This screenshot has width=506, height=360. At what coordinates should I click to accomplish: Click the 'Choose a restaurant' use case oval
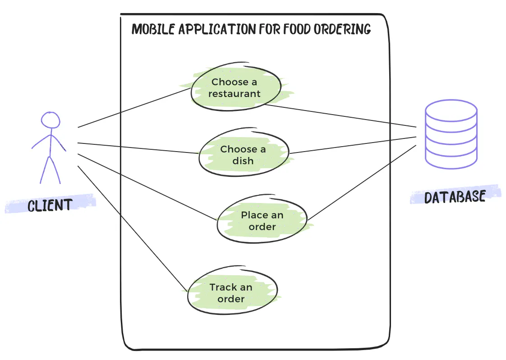235,88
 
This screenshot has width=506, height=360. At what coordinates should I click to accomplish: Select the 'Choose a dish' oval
243,155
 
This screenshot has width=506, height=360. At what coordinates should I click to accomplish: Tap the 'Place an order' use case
262,221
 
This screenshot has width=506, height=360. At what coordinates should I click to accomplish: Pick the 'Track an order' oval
231,293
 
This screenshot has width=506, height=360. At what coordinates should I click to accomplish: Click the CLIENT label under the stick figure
50,205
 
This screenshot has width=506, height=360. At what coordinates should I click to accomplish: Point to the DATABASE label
455,197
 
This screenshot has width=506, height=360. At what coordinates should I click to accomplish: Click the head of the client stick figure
51,120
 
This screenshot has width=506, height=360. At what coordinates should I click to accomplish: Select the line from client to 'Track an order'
131,227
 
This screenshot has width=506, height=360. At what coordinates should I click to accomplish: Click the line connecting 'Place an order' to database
361,182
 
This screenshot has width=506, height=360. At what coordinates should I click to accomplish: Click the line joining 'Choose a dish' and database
352,145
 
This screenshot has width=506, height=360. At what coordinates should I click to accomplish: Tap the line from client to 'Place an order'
147,187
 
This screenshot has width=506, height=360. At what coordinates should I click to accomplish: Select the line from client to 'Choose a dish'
138,148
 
